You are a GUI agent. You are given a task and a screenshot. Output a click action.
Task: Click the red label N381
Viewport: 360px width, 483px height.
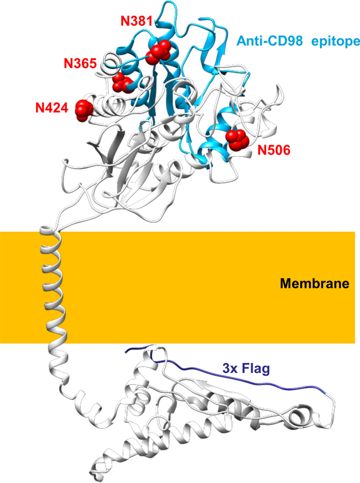[x=136, y=21]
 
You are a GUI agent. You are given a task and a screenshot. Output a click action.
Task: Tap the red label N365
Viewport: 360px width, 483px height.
[x=80, y=63]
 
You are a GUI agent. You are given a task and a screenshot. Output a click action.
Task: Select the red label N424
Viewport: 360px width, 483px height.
[x=52, y=108]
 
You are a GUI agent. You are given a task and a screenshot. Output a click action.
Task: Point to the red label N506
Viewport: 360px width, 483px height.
[x=274, y=150]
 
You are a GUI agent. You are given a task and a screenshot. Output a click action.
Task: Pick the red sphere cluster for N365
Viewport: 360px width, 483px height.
[x=123, y=82]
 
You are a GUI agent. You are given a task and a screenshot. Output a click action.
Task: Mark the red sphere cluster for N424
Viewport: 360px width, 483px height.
[x=82, y=110]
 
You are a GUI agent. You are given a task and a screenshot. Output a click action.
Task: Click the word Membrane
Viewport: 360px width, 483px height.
[x=314, y=284]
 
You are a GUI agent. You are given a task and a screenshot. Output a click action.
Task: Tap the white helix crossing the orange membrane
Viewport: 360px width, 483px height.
[x=54, y=287]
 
